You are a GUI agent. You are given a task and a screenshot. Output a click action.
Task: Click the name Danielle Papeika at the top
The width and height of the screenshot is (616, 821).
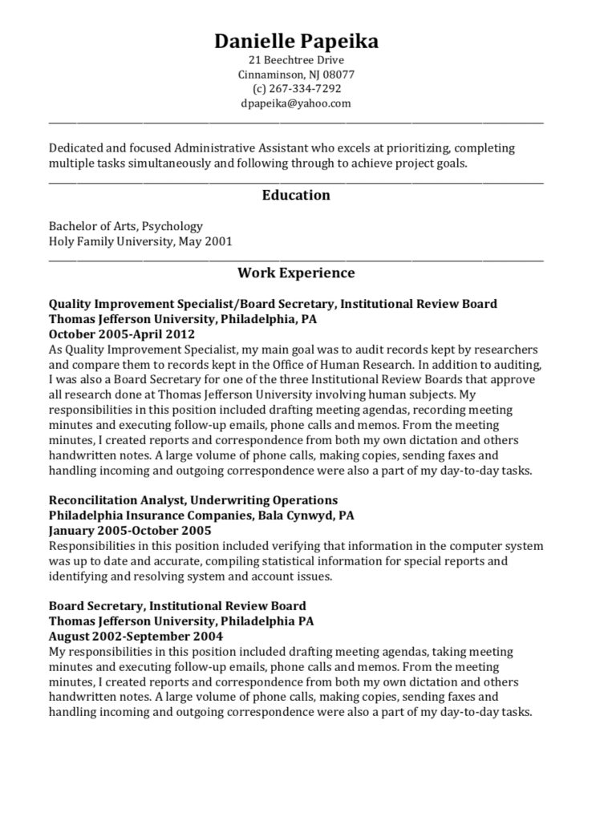[296, 42]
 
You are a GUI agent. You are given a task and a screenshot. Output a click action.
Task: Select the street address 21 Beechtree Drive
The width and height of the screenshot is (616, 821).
[296, 60]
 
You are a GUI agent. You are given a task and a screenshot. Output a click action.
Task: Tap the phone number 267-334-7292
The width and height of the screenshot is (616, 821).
[302, 89]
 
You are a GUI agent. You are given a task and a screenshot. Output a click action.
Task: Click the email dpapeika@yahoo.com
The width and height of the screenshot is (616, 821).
[296, 103]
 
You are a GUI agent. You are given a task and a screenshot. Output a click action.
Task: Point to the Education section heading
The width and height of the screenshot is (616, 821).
[296, 195]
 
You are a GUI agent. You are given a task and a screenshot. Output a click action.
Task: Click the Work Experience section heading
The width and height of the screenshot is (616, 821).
[296, 273]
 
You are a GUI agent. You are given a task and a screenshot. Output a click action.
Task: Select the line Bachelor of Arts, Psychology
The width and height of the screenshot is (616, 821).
[126, 226]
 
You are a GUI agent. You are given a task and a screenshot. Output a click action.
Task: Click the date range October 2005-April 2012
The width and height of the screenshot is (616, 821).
[122, 334]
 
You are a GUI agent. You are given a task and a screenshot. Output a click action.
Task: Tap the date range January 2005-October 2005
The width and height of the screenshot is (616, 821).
[130, 531]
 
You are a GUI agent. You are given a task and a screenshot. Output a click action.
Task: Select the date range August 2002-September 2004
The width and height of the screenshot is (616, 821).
[136, 636]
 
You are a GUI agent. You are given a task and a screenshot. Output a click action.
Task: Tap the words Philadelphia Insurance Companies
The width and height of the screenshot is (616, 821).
[150, 516]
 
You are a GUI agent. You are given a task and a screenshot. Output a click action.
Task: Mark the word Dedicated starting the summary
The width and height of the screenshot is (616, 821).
[76, 148]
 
